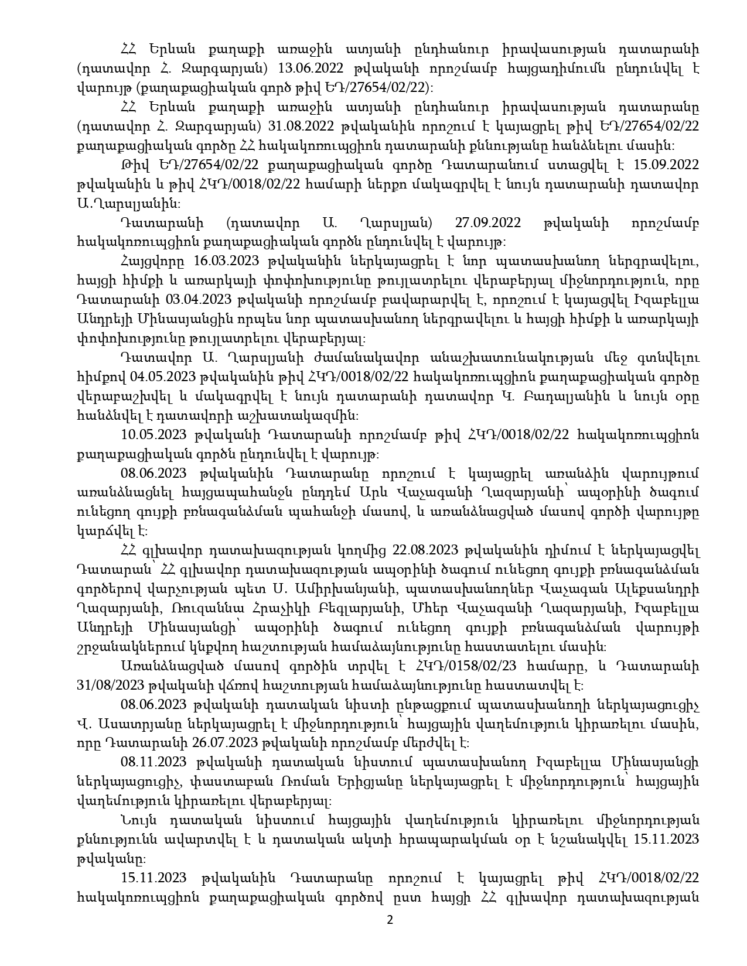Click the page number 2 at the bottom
coord(390,920)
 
